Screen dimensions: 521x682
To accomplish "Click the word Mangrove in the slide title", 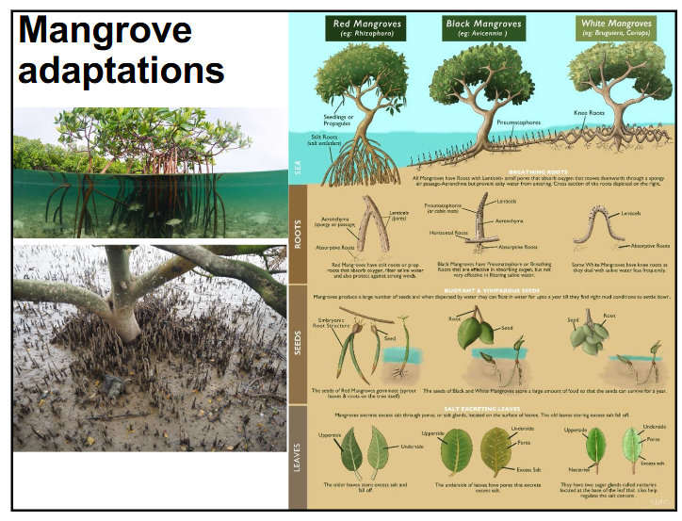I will click(105, 30).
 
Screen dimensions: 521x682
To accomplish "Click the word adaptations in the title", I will click(121, 69).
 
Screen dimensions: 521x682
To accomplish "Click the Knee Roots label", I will click(589, 113).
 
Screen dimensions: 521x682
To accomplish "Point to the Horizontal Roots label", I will click(447, 232).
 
